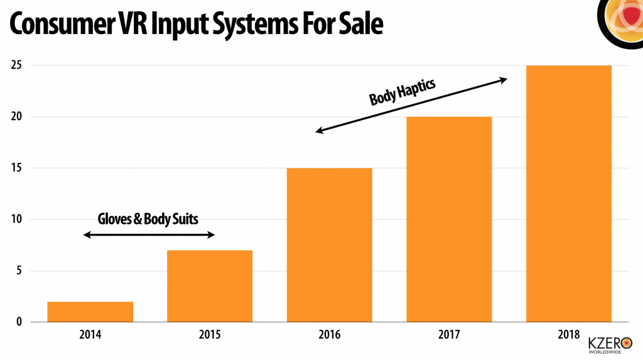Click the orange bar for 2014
(x=90, y=312)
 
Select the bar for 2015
(x=210, y=286)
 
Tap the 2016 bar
(x=329, y=245)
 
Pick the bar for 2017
(x=448, y=219)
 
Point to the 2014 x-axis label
(x=90, y=335)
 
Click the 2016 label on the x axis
(x=329, y=335)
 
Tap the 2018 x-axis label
(x=568, y=335)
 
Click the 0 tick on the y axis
(x=19, y=322)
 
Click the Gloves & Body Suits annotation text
(x=148, y=219)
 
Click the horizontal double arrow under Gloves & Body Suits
(x=149, y=235)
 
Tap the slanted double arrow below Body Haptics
(x=411, y=105)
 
